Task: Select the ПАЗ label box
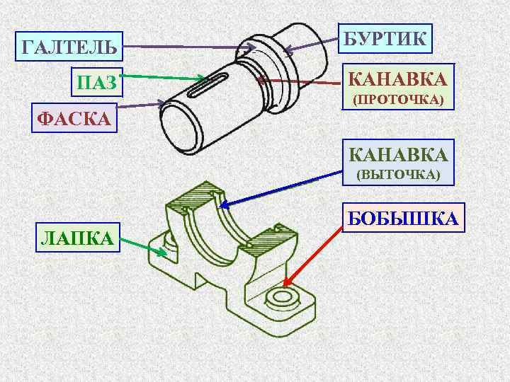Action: tap(96, 83)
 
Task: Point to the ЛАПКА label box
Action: tap(77, 238)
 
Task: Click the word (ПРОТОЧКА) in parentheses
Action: tap(397, 100)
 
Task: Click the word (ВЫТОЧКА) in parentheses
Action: tap(397, 174)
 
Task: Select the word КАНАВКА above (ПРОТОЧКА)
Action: tap(397, 78)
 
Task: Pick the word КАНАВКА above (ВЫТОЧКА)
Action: tap(397, 153)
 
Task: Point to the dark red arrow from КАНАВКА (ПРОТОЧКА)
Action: tap(297, 82)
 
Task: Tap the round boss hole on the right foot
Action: tap(282, 296)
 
